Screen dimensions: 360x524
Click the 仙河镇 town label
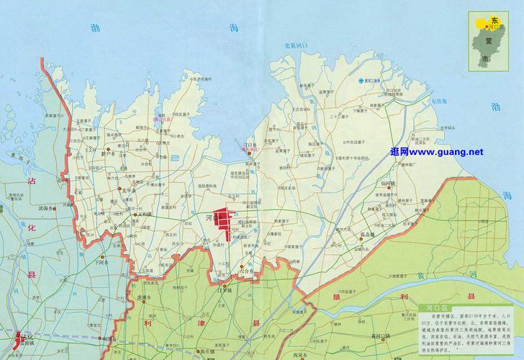tap(389, 184)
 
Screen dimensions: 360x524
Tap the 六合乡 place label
tap(249, 274)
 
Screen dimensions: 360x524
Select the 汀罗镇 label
tap(227, 290)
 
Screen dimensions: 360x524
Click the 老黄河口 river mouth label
tap(295, 45)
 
